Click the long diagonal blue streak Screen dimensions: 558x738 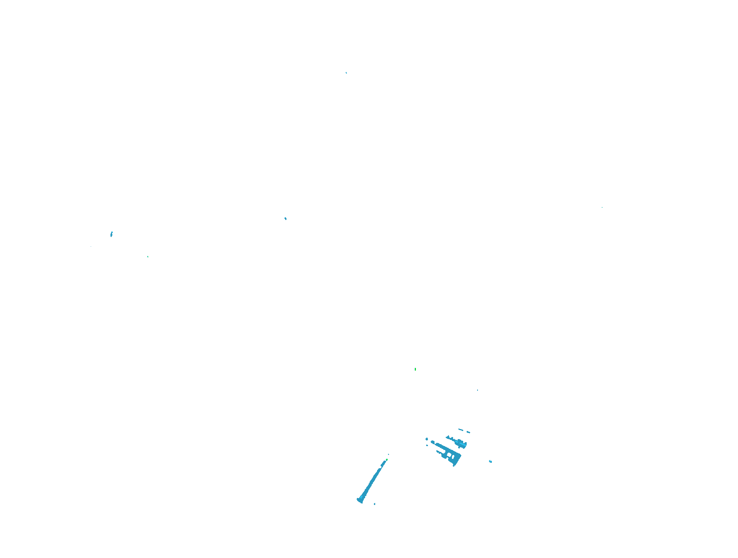pyautogui.click(x=372, y=481)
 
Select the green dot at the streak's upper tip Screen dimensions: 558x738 pyautogui.click(x=387, y=460)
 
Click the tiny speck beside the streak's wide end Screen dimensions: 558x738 pyautogui.click(x=374, y=504)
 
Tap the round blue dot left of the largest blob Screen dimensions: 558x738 pyautogui.click(x=427, y=439)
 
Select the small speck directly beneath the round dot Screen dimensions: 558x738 pyautogui.click(x=427, y=445)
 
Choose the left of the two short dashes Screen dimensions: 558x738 pyautogui.click(x=461, y=429)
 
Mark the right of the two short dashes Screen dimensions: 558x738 pyautogui.click(x=468, y=432)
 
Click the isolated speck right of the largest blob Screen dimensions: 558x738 pyautogui.click(x=490, y=461)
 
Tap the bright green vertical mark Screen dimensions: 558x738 pyautogui.click(x=415, y=369)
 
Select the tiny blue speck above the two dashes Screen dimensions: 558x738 pyautogui.click(x=478, y=390)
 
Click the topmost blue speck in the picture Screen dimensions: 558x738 pyautogui.click(x=346, y=72)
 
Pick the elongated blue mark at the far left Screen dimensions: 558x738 pyautogui.click(x=112, y=234)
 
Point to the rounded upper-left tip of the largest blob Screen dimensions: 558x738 pyautogui.click(x=433, y=442)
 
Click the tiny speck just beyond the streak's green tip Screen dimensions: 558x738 pyautogui.click(x=388, y=454)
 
